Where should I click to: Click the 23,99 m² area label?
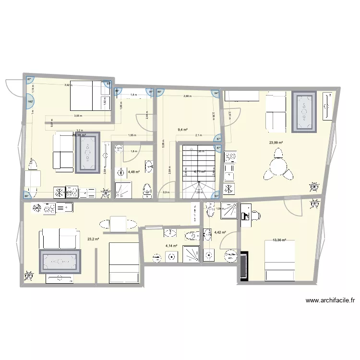click(x=276, y=143)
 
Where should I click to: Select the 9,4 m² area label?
click(x=182, y=130)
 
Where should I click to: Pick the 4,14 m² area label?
click(x=171, y=246)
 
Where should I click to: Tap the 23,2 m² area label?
click(x=93, y=239)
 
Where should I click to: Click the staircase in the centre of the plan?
click(x=198, y=173)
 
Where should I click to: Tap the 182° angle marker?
click(x=30, y=101)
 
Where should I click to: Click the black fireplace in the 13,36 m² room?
click(x=244, y=266)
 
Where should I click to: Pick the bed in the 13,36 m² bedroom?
click(x=281, y=261)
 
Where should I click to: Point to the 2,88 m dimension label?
click(x=187, y=96)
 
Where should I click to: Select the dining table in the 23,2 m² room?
click(x=118, y=224)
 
